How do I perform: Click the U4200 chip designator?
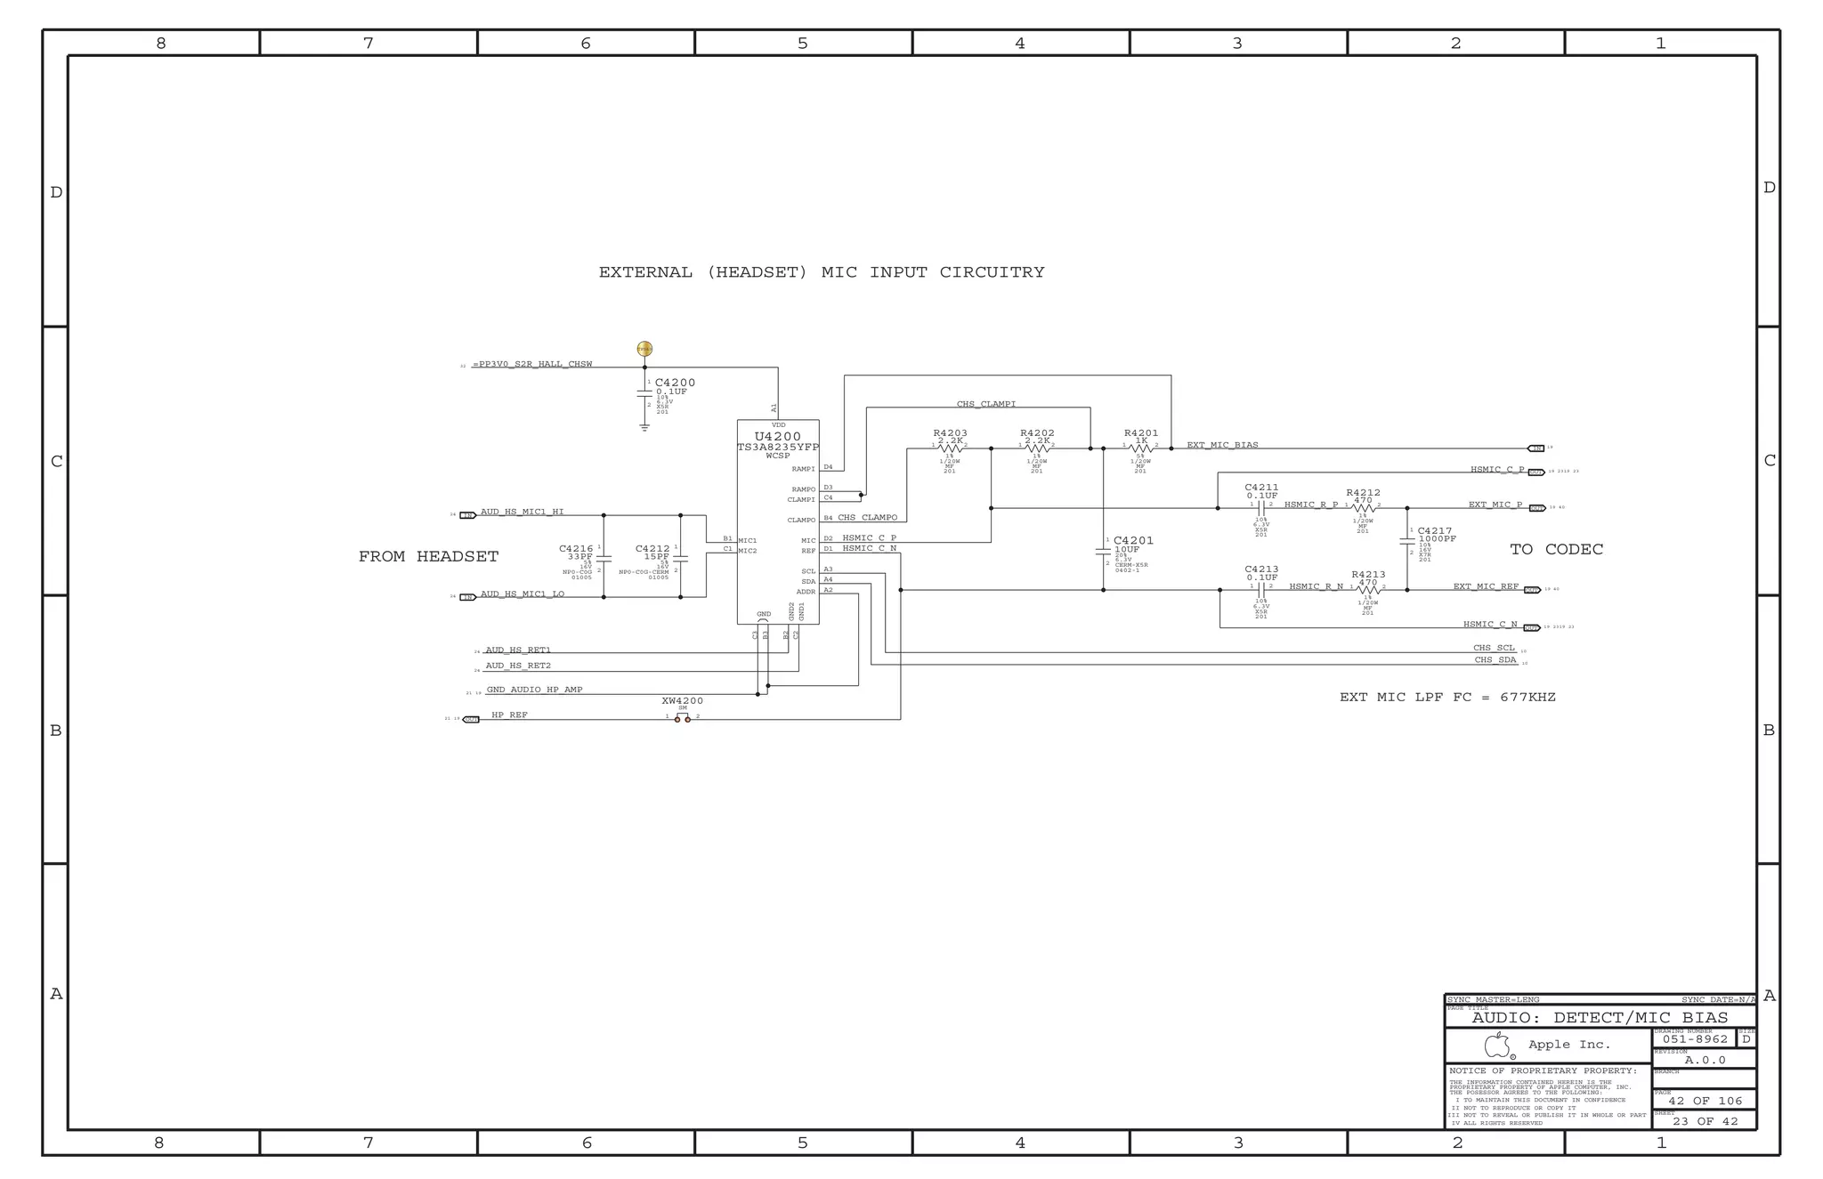tap(777, 437)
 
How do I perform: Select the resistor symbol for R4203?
tap(950, 448)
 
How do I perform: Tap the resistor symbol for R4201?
tap(1140, 448)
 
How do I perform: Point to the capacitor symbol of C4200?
tap(644, 392)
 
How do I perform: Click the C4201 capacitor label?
tap(1133, 540)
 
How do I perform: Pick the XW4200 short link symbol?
tap(682, 718)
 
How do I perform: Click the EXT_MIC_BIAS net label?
tap(1222, 445)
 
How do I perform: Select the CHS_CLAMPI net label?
tap(985, 404)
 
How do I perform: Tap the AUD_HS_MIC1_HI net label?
tap(522, 512)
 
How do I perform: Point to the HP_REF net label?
tap(509, 715)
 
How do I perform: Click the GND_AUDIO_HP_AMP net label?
tap(534, 690)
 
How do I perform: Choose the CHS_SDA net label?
tap(1495, 660)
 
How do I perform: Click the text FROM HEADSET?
tap(428, 557)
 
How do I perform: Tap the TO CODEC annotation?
tap(1556, 550)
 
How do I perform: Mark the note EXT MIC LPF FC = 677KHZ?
tap(1447, 698)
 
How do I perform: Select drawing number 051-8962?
tap(1695, 1039)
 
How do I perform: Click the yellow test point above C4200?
tap(644, 349)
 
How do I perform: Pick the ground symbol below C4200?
tap(644, 428)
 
